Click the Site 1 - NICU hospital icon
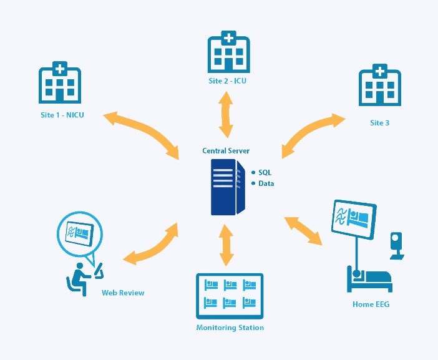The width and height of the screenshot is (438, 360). [60, 82]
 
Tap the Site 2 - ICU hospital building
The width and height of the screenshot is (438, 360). [228, 52]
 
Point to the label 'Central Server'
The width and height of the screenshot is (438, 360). [226, 151]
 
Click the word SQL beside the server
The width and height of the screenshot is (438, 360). [265, 172]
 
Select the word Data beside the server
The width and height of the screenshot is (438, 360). [266, 183]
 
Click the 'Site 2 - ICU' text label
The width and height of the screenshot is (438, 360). [228, 81]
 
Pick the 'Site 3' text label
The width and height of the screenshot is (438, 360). [379, 123]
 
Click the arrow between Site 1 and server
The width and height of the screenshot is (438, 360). [142, 133]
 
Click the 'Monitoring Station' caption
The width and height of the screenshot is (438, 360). [230, 328]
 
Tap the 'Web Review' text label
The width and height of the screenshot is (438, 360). [123, 293]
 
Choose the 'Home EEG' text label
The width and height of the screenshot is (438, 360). [371, 304]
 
